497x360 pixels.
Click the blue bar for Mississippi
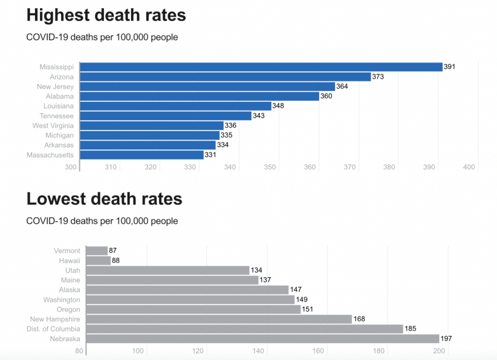(261, 67)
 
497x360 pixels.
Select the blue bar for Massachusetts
(142, 155)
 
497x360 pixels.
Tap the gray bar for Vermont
(97, 251)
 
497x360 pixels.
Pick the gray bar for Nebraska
(263, 339)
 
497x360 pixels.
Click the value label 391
(450, 67)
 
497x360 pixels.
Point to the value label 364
(342, 86)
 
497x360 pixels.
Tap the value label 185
(410, 329)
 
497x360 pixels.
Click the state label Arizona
(62, 77)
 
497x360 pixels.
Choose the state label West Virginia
(53, 126)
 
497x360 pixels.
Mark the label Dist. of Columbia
(54, 329)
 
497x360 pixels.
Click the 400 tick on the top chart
(469, 167)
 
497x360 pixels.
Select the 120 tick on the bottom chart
(198, 351)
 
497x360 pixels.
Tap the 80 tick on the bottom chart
(79, 351)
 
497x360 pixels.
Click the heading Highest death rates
(106, 15)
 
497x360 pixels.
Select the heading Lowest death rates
(104, 199)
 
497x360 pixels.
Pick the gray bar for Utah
(168, 270)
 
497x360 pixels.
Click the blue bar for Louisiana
(175, 106)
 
